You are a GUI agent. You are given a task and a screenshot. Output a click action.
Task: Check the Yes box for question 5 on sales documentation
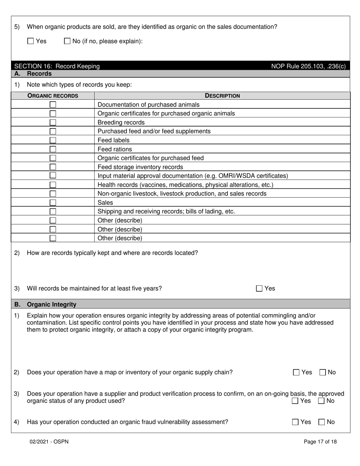point(31,41)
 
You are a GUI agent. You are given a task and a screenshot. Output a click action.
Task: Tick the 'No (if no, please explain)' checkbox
point(67,41)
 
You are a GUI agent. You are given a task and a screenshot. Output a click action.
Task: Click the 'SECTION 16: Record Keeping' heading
point(57,66)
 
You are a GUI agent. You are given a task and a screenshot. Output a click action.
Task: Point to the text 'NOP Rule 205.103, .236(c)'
point(308,66)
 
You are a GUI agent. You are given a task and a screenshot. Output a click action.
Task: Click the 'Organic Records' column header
point(53,96)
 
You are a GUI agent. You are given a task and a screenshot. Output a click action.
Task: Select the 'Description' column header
point(222,96)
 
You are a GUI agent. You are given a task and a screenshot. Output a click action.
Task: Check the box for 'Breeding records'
point(53,122)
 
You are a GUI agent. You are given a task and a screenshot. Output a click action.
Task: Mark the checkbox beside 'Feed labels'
point(53,140)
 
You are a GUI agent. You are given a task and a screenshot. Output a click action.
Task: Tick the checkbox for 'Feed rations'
point(53,149)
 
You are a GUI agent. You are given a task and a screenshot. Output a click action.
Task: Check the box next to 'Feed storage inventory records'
point(53,167)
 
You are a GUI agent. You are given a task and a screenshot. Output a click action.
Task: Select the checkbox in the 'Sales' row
point(53,203)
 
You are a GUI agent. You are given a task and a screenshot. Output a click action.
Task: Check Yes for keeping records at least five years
point(259,289)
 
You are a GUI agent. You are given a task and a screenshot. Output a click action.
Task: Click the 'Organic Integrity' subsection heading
point(52,305)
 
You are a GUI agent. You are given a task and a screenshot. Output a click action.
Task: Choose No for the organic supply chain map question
point(323,372)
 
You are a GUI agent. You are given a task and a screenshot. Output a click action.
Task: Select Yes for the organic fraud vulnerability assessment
point(296,422)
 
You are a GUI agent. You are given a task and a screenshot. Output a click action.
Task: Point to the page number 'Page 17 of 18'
point(320,442)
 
